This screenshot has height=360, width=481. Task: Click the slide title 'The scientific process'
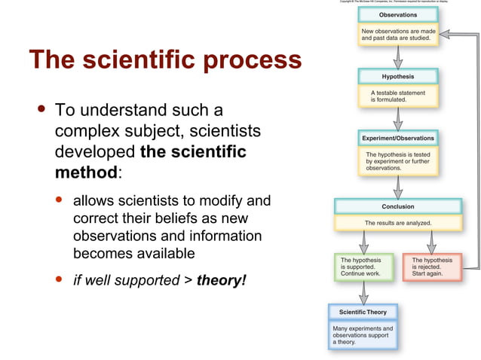[165, 59]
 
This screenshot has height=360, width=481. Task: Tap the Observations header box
[397, 15]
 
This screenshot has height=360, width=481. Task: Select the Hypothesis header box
[397, 77]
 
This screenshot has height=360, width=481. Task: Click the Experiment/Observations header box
[398, 138]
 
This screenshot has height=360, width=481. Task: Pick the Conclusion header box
[397, 206]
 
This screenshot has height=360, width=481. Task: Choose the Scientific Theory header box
[363, 312]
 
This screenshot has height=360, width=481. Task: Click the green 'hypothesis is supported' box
[363, 267]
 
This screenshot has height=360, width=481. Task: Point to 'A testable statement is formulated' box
[397, 96]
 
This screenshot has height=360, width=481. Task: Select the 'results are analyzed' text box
[397, 223]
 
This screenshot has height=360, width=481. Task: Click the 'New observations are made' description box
[397, 35]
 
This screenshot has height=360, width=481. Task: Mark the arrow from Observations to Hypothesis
[397, 57]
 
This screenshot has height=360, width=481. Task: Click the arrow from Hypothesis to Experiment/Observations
[397, 118]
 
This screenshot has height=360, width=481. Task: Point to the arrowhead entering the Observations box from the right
[445, 34]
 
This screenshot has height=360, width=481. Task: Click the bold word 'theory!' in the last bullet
[221, 281]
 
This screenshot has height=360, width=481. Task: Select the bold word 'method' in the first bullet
[86, 172]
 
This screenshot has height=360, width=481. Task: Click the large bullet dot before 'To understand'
[41, 110]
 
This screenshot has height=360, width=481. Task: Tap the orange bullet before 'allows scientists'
[60, 202]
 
